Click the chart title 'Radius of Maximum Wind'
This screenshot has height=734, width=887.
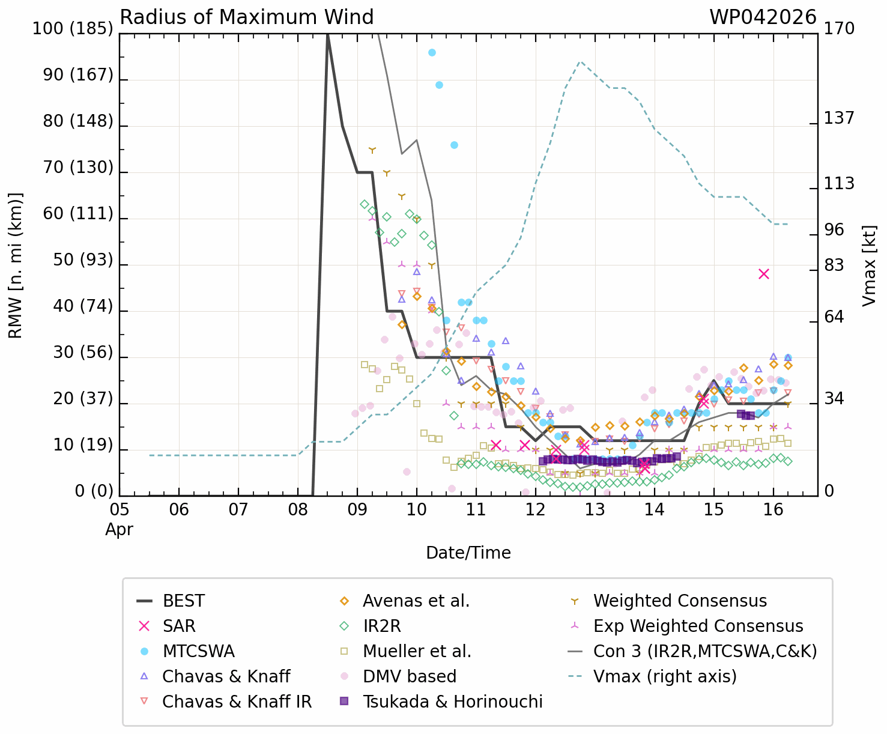click(x=247, y=17)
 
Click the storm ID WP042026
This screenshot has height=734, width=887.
click(x=763, y=17)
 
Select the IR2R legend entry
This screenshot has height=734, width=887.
click(x=381, y=626)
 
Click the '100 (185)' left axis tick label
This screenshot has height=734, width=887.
click(x=73, y=29)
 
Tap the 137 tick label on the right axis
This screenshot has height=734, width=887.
click(x=839, y=118)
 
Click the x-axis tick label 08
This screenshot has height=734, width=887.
click(x=298, y=511)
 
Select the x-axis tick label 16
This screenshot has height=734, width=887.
click(x=773, y=511)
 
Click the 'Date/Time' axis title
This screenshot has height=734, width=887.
click(x=468, y=553)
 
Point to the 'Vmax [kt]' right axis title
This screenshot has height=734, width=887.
click(x=869, y=265)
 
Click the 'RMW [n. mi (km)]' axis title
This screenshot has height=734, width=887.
click(x=16, y=265)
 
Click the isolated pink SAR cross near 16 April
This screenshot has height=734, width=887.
click(x=764, y=274)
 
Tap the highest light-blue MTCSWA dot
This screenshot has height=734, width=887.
click(x=432, y=53)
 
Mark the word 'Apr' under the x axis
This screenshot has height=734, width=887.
click(x=119, y=530)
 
